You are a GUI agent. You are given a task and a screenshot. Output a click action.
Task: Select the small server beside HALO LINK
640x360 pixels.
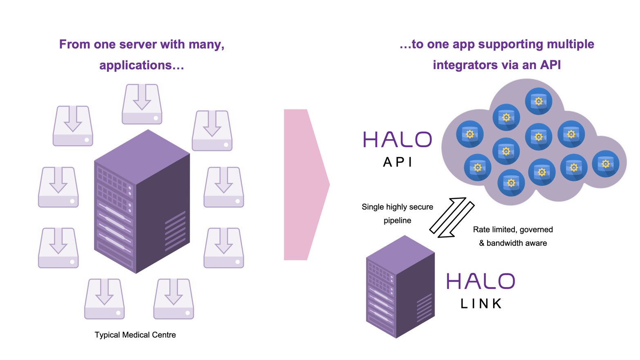click(400, 286)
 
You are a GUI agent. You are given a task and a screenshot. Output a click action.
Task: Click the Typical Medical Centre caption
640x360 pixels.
click(135, 335)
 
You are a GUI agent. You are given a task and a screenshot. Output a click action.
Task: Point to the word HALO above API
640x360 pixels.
click(397, 140)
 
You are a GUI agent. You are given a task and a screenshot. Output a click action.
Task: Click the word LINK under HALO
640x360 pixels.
click(481, 304)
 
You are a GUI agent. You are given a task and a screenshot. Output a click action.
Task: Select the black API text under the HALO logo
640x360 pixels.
click(397, 162)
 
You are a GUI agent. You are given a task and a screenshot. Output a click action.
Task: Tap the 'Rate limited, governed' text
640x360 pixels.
click(513, 229)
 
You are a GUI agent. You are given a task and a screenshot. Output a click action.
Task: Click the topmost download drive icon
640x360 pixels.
click(142, 104)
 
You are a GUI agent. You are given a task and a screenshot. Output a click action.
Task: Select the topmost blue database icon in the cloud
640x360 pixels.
click(539, 101)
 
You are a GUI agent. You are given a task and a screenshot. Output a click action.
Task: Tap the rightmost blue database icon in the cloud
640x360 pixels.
click(606, 164)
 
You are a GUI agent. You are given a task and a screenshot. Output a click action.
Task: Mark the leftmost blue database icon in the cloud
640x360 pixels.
click(470, 134)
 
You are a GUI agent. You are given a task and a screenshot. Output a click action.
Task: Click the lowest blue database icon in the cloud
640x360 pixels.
click(511, 182)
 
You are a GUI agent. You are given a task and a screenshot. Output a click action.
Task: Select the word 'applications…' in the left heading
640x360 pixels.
click(141, 65)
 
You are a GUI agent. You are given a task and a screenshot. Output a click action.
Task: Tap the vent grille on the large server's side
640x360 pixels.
click(175, 231)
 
